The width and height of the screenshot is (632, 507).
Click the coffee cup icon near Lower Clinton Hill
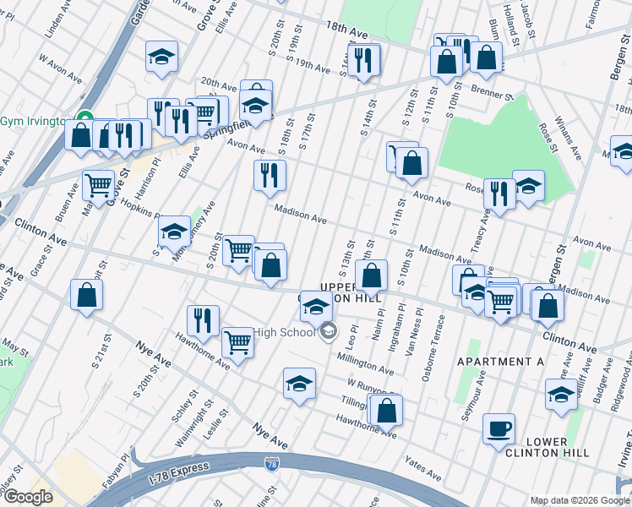pyautogui.click(x=499, y=428)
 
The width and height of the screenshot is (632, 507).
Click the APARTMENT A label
pyautogui.click(x=500, y=362)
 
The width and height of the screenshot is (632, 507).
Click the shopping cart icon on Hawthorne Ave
pyautogui.click(x=238, y=342)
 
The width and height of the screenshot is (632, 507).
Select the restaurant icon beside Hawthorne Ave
pyautogui.click(x=203, y=319)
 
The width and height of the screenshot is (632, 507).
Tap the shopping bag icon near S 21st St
pyautogui.click(x=86, y=294)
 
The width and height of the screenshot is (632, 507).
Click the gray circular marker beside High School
pyautogui.click(x=328, y=331)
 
